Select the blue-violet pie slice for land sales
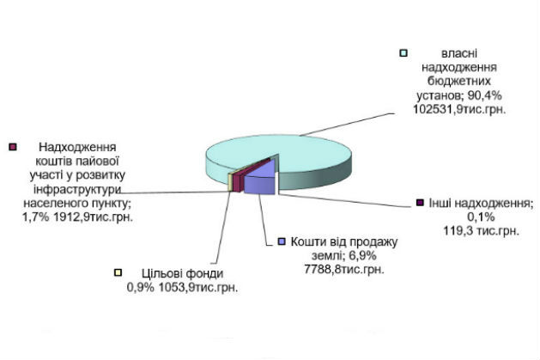pos(260,179)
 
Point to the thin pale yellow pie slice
pos(230,182)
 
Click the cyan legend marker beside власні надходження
pos(403,53)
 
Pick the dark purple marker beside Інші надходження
pos(420,203)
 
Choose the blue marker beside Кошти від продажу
pos(282,241)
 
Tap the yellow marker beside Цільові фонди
pos(118,273)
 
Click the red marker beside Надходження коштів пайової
pos(12,147)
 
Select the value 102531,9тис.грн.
pos(459,109)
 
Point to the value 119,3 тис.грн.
pos(481,230)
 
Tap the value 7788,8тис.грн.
pos(344,269)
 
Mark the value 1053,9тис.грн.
pos(198,287)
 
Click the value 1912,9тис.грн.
pos(93,217)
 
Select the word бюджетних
pos(459,82)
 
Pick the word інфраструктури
pos(77,189)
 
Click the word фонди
pos(204,273)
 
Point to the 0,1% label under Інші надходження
pos(481,217)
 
